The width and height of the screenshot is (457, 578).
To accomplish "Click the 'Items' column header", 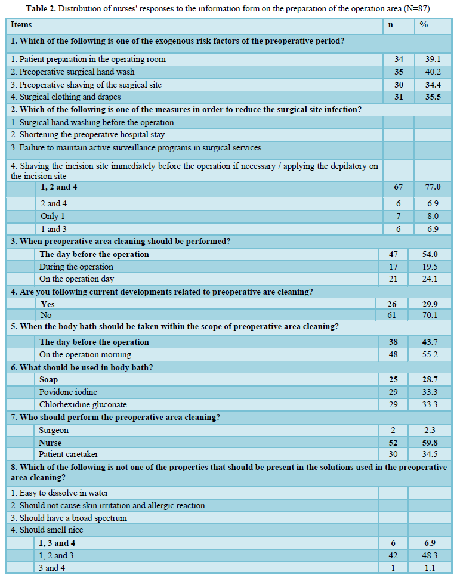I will [x=21, y=25].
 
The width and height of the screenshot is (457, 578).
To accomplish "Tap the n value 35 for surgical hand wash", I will [x=399, y=72].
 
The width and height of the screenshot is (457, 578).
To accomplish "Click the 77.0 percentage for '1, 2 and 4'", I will [x=431, y=187].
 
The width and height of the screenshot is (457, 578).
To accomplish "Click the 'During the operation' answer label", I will [x=76, y=267].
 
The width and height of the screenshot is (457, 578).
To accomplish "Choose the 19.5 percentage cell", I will [x=430, y=267].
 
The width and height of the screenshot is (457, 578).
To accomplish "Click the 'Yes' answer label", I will [x=48, y=304].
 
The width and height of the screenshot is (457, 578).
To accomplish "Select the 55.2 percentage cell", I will [x=430, y=354].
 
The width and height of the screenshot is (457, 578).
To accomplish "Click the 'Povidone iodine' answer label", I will [x=68, y=392].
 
